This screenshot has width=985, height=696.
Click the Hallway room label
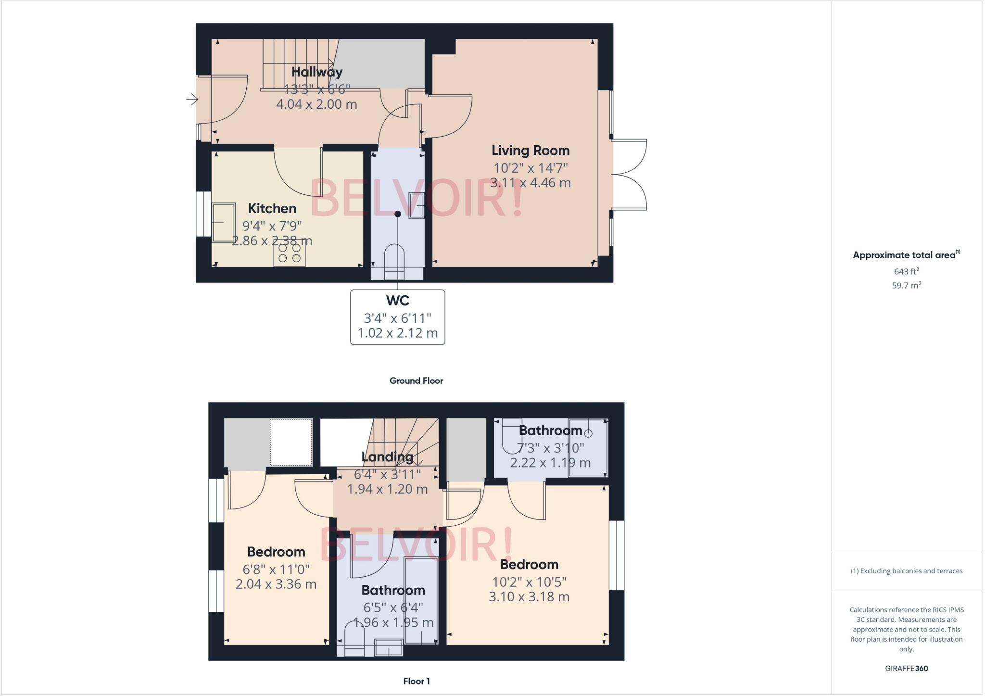tap(316, 72)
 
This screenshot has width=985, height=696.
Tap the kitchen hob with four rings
tap(290, 253)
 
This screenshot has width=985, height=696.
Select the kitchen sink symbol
tap(224, 222)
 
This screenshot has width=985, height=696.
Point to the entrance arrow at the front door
tap(192, 100)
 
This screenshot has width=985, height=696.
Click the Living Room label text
tap(530, 151)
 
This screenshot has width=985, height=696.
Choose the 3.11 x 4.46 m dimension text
tap(530, 183)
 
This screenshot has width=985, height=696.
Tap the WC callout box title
tap(397, 301)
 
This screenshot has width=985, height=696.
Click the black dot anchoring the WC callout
tap(398, 214)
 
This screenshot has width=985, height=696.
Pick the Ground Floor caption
tap(416, 380)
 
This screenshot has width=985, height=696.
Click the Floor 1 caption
tap(416, 681)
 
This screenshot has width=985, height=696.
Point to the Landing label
tap(387, 457)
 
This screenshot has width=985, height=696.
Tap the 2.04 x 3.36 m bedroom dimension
tap(276, 584)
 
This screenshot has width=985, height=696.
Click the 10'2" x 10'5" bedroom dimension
tap(529, 582)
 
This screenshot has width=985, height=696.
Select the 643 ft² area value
tap(906, 271)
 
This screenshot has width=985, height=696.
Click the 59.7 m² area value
tap(906, 285)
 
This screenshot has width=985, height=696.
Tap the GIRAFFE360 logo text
tap(906, 668)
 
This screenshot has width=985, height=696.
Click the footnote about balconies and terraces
tap(906, 571)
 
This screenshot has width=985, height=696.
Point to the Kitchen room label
tap(272, 209)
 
